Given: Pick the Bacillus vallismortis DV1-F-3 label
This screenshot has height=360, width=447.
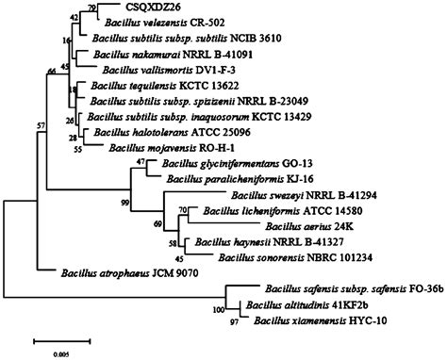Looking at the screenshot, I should click(x=156, y=70).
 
